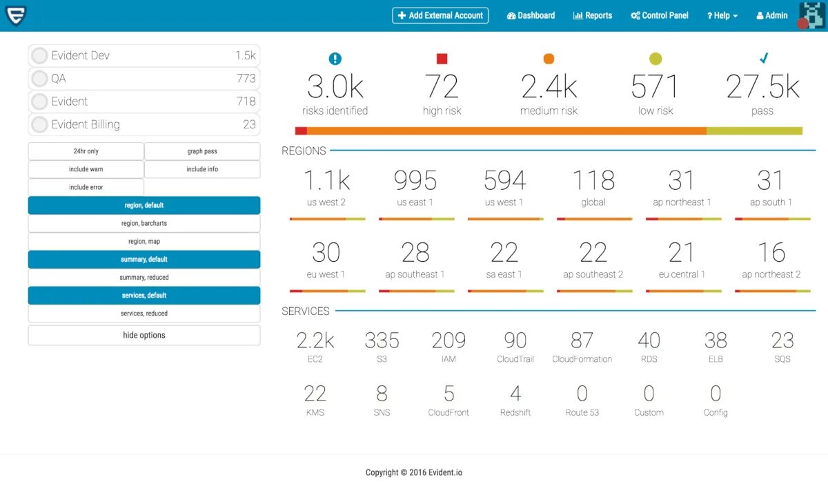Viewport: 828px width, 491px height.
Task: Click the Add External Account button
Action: coord(440,15)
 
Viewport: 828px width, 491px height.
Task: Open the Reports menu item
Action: coord(593,15)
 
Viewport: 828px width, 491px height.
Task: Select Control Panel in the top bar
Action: coord(660,15)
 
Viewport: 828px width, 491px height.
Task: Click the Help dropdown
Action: coord(722,15)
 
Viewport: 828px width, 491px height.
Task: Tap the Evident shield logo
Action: coord(15,15)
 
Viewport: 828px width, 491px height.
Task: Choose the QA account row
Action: coord(144,78)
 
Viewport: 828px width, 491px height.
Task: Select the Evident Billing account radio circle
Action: coord(39,125)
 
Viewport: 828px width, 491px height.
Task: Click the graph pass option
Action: coord(202,151)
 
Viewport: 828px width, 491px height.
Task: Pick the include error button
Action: coord(86,187)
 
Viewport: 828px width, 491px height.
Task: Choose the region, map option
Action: coord(144,242)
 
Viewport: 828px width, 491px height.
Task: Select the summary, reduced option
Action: coord(144,278)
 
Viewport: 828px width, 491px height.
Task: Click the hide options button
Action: coord(144,335)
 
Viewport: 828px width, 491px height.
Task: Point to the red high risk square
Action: coord(442,59)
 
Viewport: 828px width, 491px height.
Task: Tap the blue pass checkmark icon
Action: coord(764,59)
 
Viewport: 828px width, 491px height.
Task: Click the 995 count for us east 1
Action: coord(415,181)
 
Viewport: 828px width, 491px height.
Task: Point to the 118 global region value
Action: coord(593,181)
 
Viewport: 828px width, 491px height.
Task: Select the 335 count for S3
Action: coord(382,340)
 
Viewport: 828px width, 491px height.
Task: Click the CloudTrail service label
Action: coord(515,359)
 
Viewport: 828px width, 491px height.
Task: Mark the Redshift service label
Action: coord(515,412)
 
